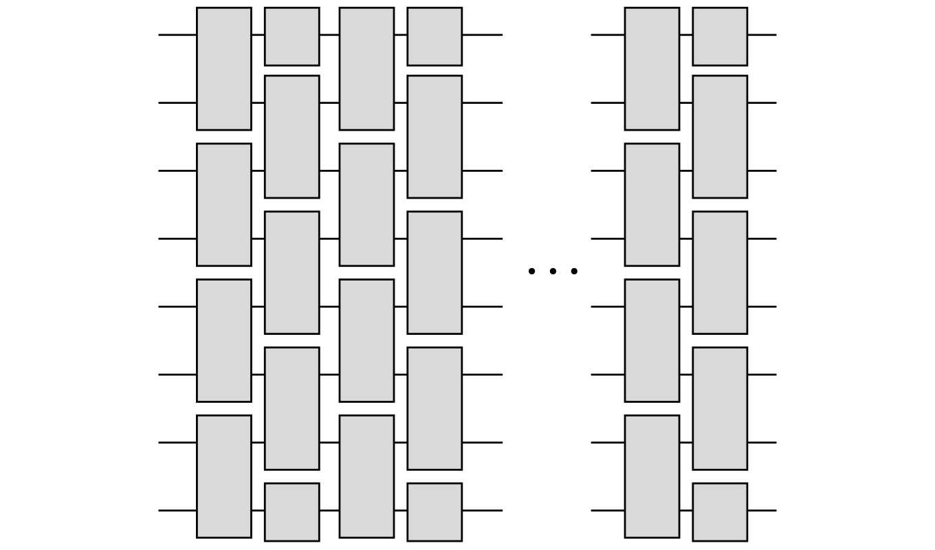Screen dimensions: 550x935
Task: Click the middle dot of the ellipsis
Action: (553, 271)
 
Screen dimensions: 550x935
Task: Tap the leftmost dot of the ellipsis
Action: (531, 271)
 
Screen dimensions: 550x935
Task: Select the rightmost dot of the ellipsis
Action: (574, 271)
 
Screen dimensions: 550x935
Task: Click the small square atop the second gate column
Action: (292, 36)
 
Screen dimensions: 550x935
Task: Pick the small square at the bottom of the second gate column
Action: (292, 511)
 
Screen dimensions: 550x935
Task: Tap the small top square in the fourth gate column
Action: (434, 36)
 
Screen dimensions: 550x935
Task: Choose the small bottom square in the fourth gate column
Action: (434, 511)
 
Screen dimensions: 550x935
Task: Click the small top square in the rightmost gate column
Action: (720, 36)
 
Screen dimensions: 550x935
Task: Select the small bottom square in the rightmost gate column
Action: (720, 511)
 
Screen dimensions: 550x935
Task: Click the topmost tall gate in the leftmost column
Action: (224, 69)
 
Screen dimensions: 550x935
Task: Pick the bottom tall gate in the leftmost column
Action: (224, 476)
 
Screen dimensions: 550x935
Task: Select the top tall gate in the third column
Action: (366, 69)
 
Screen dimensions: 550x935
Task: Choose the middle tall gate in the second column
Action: (292, 272)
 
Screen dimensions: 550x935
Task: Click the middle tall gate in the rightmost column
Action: (720, 272)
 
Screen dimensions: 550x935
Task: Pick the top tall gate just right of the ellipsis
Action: (652, 69)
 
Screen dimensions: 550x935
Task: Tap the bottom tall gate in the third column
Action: (366, 476)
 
